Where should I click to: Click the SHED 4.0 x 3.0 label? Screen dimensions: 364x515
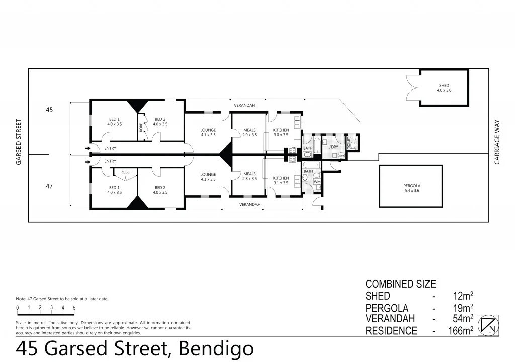pyautogui.click(x=444, y=88)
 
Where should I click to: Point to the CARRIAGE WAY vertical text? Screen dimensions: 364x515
pyautogui.click(x=497, y=142)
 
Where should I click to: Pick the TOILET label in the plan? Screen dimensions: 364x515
pyautogui.click(x=348, y=142)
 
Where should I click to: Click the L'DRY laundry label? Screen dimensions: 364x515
pyautogui.click(x=333, y=147)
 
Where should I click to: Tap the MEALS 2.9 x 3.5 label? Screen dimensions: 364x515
pyautogui.click(x=249, y=133)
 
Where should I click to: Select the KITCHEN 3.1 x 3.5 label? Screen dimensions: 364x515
pyautogui.click(x=281, y=180)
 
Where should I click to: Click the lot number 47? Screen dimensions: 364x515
pyautogui.click(x=49, y=186)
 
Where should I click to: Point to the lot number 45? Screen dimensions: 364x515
pyautogui.click(x=49, y=109)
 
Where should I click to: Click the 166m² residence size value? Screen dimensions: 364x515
pyautogui.click(x=461, y=331)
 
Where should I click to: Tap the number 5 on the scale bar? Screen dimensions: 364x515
pyautogui.click(x=74, y=307)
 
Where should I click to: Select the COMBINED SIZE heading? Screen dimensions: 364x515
pyautogui.click(x=400, y=284)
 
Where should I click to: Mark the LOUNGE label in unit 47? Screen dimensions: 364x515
pyautogui.click(x=208, y=177)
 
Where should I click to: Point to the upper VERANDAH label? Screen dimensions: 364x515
pyautogui.click(x=244, y=105)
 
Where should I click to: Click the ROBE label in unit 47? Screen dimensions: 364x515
pyautogui.click(x=125, y=172)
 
